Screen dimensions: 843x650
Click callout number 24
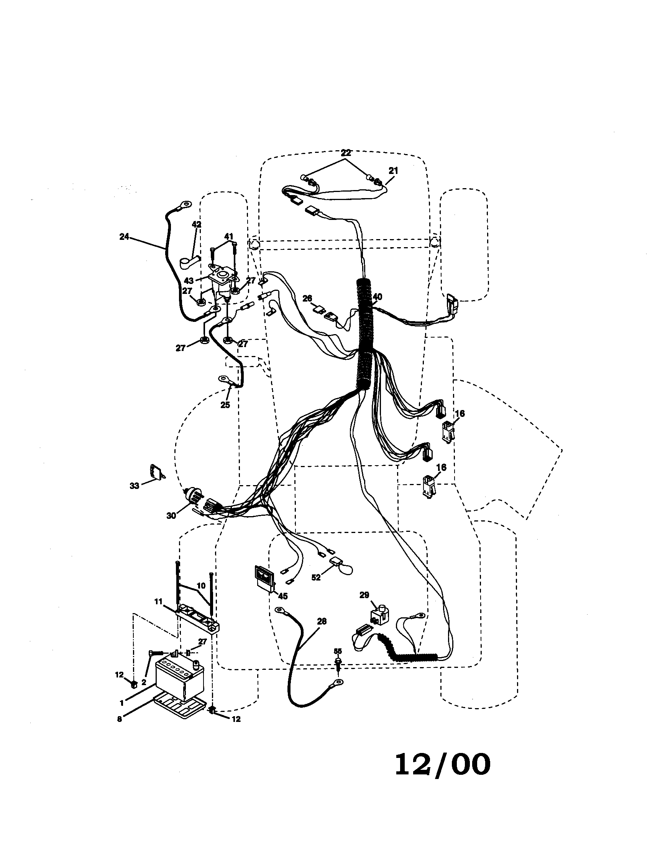[x=124, y=237]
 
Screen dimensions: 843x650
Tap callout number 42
[x=197, y=224]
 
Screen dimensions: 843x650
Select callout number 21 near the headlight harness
[x=393, y=170]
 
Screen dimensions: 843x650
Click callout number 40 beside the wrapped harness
[x=378, y=297]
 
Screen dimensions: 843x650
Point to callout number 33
[x=134, y=486]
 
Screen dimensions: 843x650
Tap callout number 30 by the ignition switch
[x=171, y=516]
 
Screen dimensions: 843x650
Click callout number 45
[x=282, y=596]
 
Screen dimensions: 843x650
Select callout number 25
[x=225, y=405]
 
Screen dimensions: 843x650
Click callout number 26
[x=307, y=298]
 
